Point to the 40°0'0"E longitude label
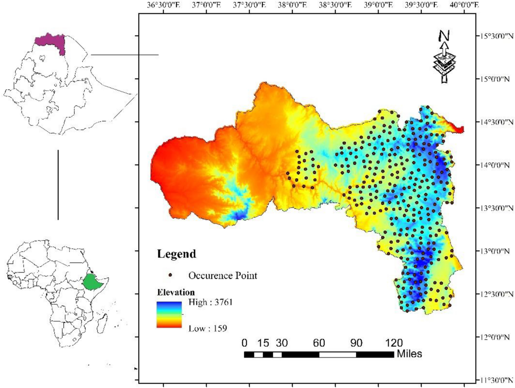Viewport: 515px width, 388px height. click(463, 5)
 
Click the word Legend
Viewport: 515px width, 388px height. click(176, 254)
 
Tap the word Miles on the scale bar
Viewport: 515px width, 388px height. click(409, 354)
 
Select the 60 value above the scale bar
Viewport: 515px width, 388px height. click(319, 343)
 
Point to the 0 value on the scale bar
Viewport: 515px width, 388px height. click(245, 343)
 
